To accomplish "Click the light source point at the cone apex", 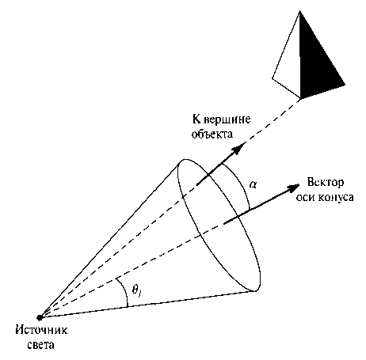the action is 40,317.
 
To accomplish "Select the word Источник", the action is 41,331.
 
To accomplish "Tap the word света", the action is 41,345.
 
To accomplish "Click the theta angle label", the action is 136,290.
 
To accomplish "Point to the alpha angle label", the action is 253,184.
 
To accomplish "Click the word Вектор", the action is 326,183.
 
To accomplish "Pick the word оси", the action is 306,197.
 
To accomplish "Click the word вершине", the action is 227,119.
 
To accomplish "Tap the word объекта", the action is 212,134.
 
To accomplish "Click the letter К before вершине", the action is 196,119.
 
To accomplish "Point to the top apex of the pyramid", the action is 299,11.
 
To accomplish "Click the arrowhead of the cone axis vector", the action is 292,188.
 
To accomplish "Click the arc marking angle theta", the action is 124,291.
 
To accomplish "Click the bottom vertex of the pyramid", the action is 300,98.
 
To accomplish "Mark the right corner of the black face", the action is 345,85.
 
